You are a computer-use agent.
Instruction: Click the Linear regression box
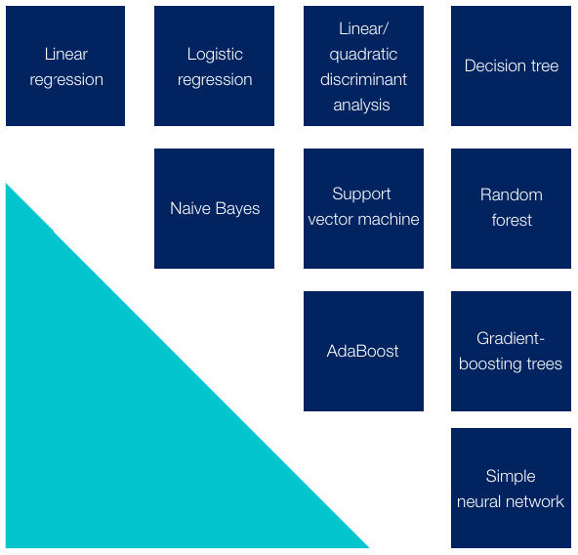pyautogui.click(x=65, y=65)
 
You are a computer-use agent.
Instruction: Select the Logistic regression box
pyautogui.click(x=214, y=65)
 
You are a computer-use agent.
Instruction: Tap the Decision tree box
pyautogui.click(x=511, y=65)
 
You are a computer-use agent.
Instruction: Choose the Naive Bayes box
pyautogui.click(x=214, y=208)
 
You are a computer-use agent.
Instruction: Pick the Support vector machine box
pyautogui.click(x=363, y=208)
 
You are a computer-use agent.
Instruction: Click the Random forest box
pyautogui.click(x=511, y=208)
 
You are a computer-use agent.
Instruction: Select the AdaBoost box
pyautogui.click(x=363, y=351)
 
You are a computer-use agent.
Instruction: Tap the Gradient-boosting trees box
pyautogui.click(x=511, y=351)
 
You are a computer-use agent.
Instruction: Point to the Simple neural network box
pyautogui.click(x=511, y=488)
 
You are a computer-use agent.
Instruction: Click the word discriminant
pyautogui.click(x=363, y=80)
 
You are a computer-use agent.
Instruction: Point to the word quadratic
pyautogui.click(x=363, y=55)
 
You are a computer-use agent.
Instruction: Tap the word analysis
pyautogui.click(x=361, y=106)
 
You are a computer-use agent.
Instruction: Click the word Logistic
pyautogui.click(x=215, y=55)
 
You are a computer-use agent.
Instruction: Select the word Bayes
pyautogui.click(x=238, y=209)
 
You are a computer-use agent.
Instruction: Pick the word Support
pyautogui.click(x=361, y=194)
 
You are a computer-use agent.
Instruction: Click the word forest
pyautogui.click(x=512, y=220)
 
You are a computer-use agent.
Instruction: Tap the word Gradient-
pyautogui.click(x=511, y=338)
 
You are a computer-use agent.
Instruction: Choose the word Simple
pyautogui.click(x=511, y=477)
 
